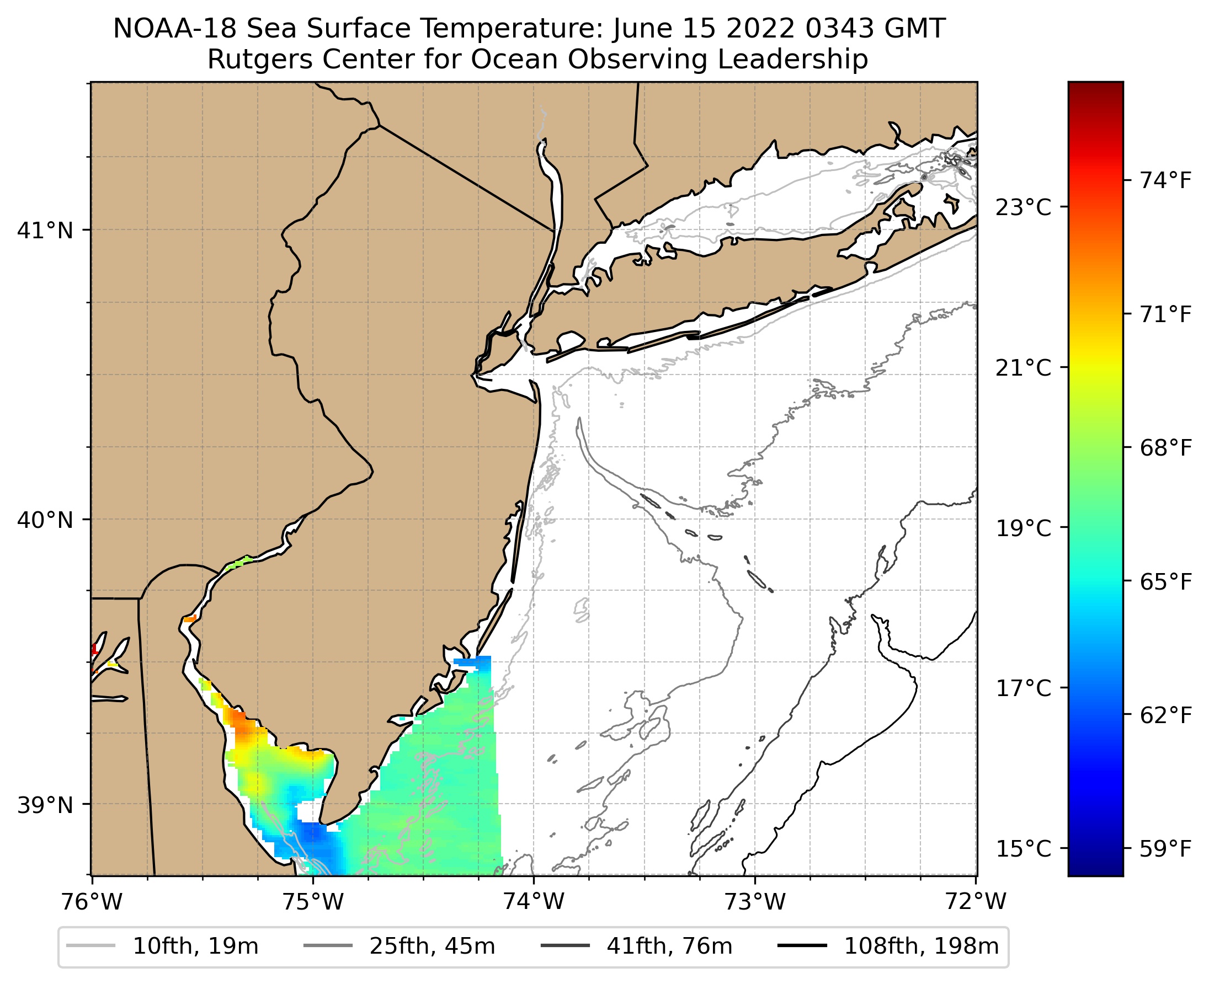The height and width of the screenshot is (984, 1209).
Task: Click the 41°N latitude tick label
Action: [45, 231]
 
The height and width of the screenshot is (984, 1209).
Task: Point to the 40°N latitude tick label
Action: [45, 520]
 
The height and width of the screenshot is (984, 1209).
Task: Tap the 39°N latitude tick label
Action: [45, 805]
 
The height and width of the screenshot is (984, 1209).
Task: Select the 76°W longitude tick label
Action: [92, 902]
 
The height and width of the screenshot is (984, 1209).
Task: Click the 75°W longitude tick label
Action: [313, 902]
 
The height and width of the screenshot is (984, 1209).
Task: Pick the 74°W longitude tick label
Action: [534, 902]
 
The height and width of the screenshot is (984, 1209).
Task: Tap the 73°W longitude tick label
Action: [755, 902]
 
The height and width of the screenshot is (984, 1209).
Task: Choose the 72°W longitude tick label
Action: [976, 902]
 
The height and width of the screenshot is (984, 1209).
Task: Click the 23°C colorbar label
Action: [1024, 207]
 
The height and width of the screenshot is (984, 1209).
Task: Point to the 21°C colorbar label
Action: [1024, 368]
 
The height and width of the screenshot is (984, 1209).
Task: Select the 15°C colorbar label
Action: [1024, 849]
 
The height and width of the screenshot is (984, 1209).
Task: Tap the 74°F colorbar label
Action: [1166, 181]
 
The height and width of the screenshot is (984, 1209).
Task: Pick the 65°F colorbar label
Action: [1166, 582]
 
